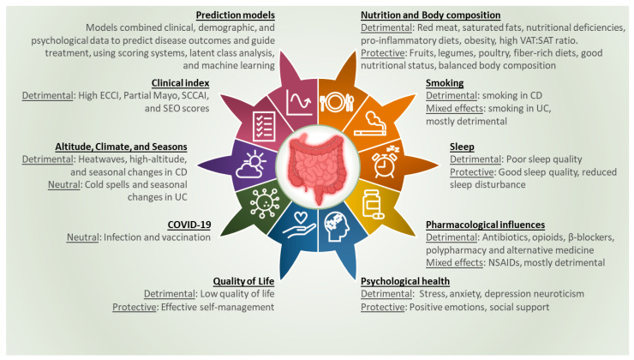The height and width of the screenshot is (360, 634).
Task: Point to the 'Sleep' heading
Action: [x=462, y=147]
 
